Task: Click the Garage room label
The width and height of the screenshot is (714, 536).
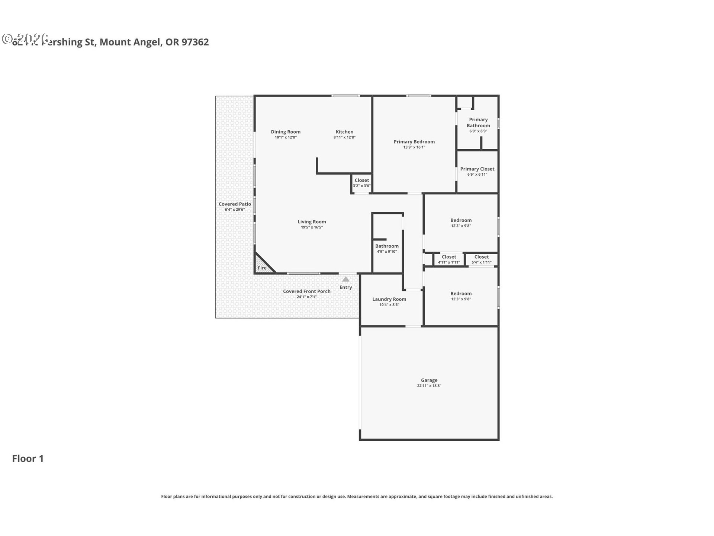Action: [429, 380]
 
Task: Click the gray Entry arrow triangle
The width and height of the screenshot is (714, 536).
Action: [346, 279]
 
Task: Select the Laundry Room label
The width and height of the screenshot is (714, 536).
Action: [389, 299]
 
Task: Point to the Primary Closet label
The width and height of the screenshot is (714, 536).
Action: [477, 169]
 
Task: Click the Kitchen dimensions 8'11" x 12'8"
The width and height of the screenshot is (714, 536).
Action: [344, 137]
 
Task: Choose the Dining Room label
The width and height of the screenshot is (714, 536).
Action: [286, 132]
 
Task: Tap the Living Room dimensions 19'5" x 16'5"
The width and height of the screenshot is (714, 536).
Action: [312, 227]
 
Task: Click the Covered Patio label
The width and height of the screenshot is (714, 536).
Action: [235, 204]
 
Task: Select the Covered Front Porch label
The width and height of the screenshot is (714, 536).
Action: [306, 291]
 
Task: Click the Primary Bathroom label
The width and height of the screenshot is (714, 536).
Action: [478, 122]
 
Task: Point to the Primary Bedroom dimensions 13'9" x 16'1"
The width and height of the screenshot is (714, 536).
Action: [414, 147]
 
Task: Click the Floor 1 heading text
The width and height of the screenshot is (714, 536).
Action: [28, 459]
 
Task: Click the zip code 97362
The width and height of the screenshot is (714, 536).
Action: [195, 42]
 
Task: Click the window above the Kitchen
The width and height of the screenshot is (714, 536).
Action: [345, 96]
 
